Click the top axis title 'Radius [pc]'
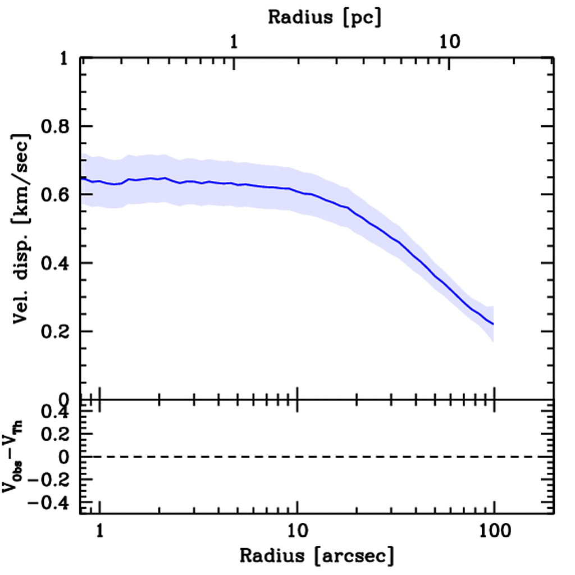click(324, 17)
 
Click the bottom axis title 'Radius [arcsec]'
click(317, 556)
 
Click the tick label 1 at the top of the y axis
click(64, 58)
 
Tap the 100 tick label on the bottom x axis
click(495, 531)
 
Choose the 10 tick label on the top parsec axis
click(450, 43)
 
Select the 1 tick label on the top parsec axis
click(234, 43)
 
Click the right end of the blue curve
click(493, 324)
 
